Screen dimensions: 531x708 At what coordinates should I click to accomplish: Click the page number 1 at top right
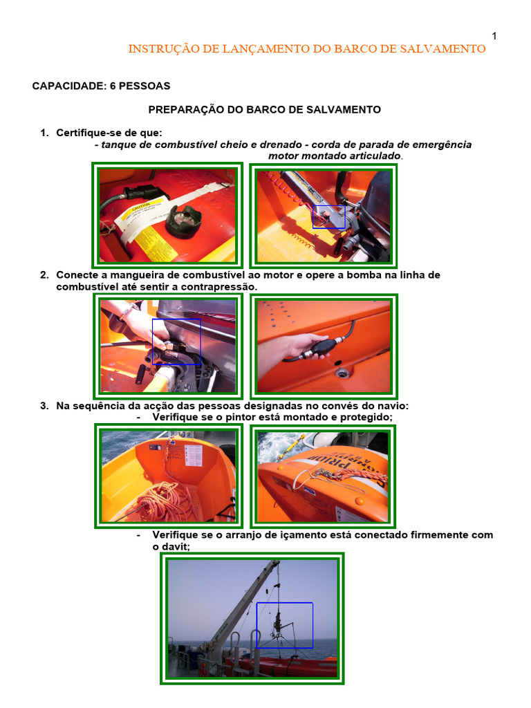494,36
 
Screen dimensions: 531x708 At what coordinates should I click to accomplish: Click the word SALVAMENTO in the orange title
442,49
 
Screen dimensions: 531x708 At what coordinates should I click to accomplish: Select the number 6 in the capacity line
113,86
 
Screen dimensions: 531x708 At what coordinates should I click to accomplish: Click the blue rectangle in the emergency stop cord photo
328,216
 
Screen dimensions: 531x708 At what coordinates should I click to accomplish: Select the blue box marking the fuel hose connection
176,342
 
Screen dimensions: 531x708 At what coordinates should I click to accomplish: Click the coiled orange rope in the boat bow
167,501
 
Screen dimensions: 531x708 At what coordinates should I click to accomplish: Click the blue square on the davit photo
284,625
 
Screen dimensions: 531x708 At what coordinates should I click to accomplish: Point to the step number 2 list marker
44,275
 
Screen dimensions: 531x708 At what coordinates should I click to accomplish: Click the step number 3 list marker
44,406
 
